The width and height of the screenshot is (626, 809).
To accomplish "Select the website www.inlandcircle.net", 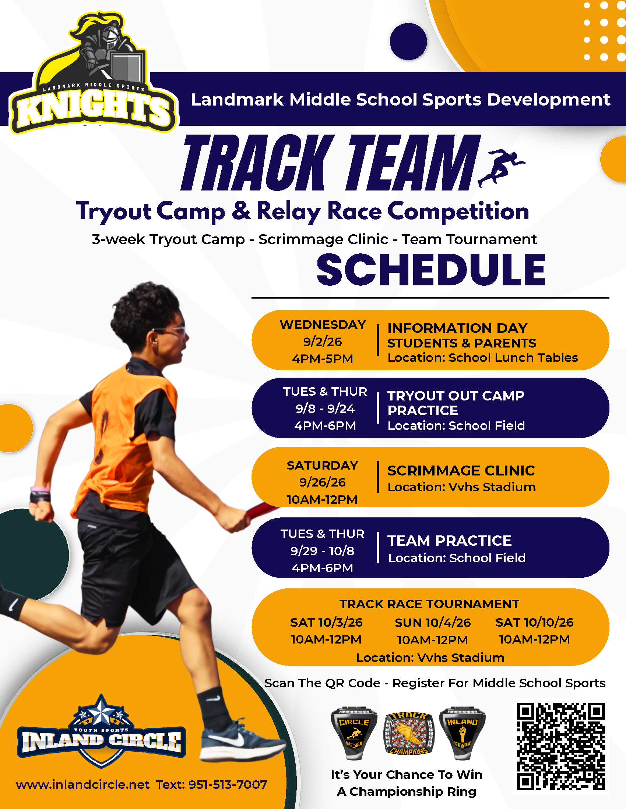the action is pos(82,785).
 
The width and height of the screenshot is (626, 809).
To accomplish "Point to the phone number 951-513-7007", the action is pos(228,785).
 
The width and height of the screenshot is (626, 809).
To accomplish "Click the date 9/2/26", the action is pos(323,342).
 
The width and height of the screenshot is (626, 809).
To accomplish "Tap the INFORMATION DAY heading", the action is pos(457,328).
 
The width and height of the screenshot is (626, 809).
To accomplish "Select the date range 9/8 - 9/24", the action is pos(325,409).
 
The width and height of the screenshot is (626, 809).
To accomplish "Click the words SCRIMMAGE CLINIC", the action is pos(461,470).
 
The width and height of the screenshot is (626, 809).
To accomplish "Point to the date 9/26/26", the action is pos(322,482).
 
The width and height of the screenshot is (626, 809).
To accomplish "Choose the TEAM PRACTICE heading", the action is pos(450,541).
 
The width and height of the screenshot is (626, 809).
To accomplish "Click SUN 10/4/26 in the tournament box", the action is pos(432,623).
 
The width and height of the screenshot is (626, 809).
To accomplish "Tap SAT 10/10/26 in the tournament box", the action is pos(534,622).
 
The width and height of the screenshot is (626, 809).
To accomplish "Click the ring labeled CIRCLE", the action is pos(354,733).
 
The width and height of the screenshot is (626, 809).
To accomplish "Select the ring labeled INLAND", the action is pos(462,733).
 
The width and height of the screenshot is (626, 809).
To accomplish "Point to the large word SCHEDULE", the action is pos(431,270).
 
